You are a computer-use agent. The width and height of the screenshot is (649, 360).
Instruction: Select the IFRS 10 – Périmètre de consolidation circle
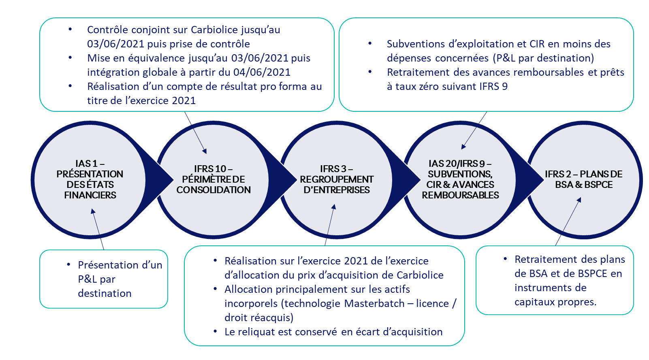[x=213, y=179]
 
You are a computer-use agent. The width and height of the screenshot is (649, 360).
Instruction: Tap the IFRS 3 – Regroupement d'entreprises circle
[x=336, y=179]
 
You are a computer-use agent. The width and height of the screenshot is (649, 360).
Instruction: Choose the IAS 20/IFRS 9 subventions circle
[x=460, y=179]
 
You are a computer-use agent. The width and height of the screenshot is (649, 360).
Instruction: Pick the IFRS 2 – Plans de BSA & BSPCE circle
[x=583, y=179]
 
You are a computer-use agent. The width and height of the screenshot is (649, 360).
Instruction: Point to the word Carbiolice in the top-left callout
[x=216, y=30]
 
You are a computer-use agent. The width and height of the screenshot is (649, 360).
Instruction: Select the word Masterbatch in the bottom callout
[x=374, y=304]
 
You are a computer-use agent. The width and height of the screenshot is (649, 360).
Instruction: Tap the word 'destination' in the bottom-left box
[x=105, y=294]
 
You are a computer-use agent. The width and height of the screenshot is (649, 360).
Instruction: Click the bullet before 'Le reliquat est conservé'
[x=216, y=332]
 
